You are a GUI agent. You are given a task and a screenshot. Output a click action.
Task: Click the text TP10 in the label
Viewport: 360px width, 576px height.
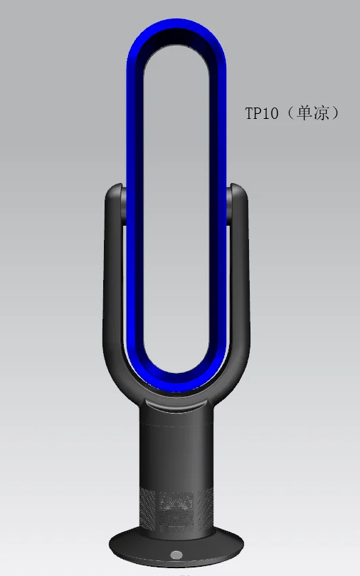[262, 113]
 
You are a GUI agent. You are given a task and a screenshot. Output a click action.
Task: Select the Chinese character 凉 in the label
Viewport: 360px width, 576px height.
[322, 112]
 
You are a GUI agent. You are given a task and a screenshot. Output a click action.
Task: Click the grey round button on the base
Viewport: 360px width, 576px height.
[176, 554]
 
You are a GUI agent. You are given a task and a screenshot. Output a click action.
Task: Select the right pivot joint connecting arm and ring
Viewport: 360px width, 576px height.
[229, 206]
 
